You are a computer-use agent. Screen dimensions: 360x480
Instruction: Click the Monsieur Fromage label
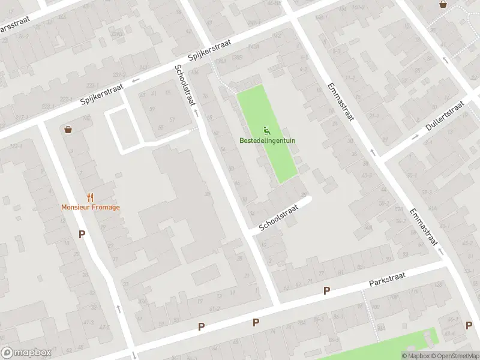pos(90,208)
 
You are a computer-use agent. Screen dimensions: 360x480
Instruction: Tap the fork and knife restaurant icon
pos(90,197)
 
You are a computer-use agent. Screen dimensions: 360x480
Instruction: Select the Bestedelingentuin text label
pos(268,140)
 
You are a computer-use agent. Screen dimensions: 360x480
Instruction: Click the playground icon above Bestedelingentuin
pos(268,130)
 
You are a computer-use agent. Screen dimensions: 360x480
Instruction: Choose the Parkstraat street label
pos(387,279)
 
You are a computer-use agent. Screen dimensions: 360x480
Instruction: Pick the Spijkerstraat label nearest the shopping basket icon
pos(103,95)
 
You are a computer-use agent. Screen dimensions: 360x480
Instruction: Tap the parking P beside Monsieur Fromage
pos(82,234)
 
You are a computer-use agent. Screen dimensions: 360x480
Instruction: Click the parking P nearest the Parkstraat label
pos(327,291)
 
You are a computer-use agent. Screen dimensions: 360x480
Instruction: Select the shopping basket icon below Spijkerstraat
pos(68,129)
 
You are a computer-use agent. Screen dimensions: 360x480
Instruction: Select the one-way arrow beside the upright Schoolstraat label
pos(195,112)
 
